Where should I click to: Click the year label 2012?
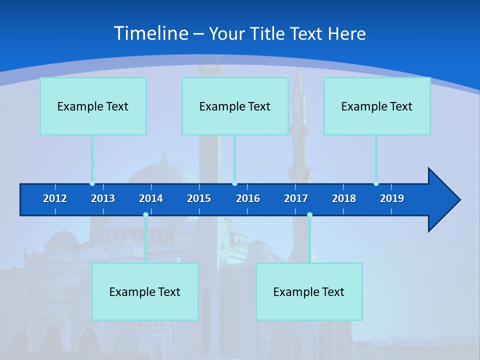click(55, 198)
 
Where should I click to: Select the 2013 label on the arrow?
click(103, 198)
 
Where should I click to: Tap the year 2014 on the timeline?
click(151, 198)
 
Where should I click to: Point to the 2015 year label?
click(199, 198)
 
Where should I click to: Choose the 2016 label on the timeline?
click(248, 198)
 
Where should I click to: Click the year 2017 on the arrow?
click(296, 198)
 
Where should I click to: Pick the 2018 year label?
click(344, 198)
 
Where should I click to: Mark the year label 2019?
click(392, 198)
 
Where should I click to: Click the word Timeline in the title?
click(150, 33)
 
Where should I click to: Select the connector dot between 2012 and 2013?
click(92, 183)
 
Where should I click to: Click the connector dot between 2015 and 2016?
click(234, 183)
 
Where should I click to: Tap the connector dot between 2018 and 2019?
click(376, 183)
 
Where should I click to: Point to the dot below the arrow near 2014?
click(145, 215)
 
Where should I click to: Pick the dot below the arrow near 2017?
click(309, 215)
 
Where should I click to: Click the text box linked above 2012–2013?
click(93, 106)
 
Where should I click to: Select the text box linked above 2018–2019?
click(377, 106)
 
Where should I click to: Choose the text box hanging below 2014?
click(145, 291)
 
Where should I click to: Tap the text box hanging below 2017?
click(309, 291)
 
